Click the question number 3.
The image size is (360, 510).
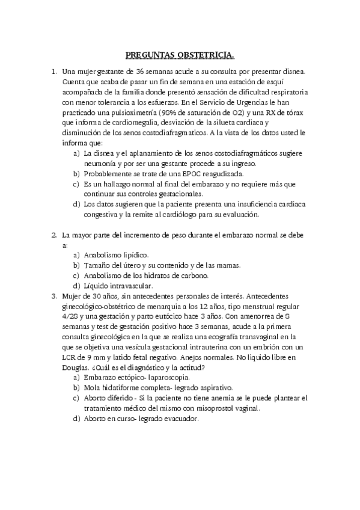tap(53, 296)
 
